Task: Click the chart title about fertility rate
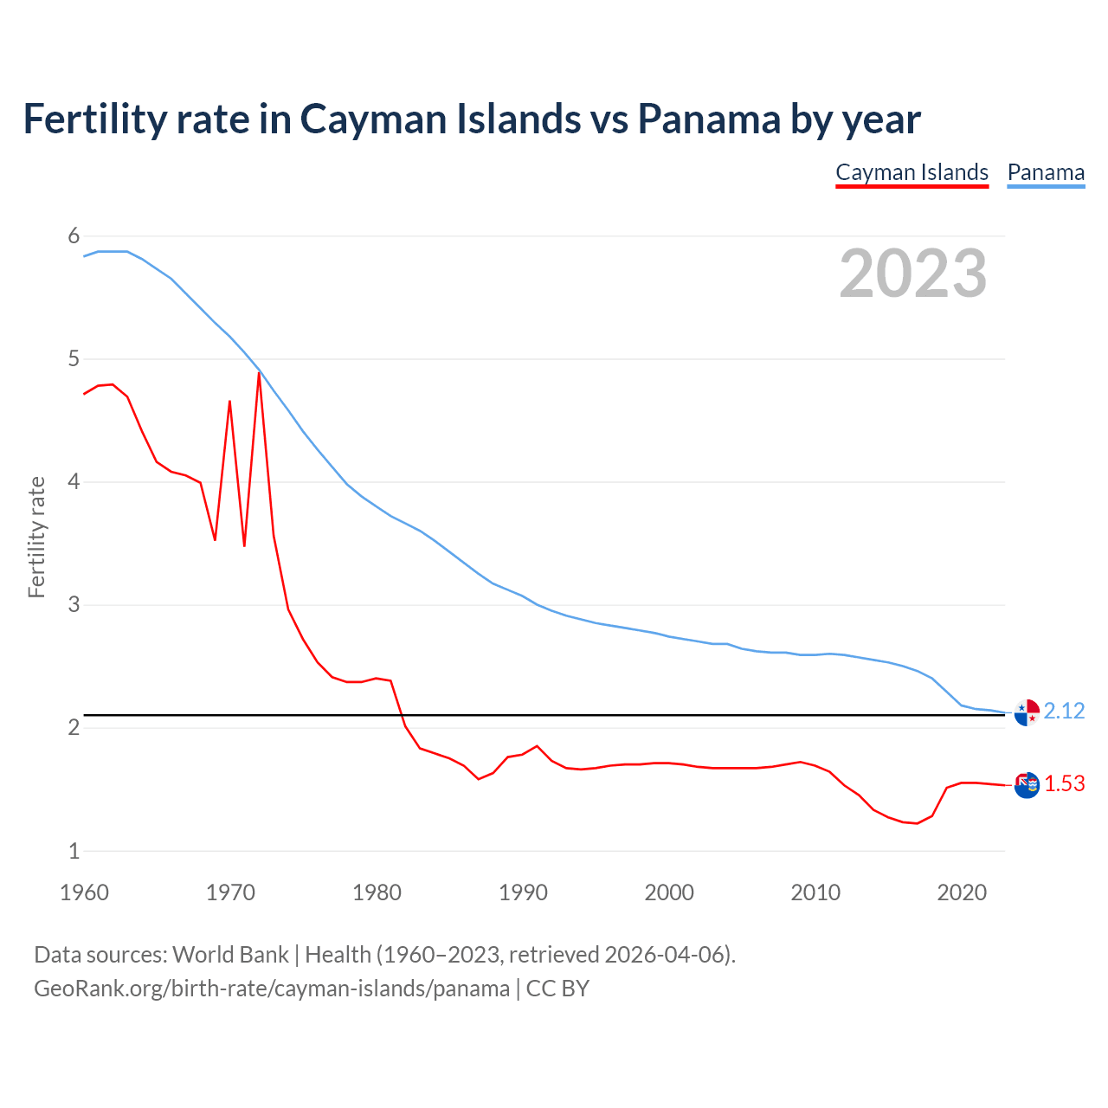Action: click(x=472, y=119)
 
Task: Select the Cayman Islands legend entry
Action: click(x=912, y=172)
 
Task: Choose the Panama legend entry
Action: click(x=1046, y=172)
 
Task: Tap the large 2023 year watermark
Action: click(x=912, y=274)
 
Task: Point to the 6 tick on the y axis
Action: click(x=74, y=236)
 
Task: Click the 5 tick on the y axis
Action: click(x=74, y=359)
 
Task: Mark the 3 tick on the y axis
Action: click(x=74, y=605)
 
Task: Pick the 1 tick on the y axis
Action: click(x=74, y=851)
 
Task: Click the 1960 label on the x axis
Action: click(x=84, y=892)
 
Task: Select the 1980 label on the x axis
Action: click(x=377, y=892)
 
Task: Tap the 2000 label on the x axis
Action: click(x=669, y=892)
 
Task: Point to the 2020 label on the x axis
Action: click(x=962, y=892)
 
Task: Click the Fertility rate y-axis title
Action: click(x=36, y=537)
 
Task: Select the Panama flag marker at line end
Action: click(x=1027, y=712)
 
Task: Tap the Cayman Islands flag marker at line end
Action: click(x=1027, y=784)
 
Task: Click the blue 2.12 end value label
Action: click(x=1064, y=712)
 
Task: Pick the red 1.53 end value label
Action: click(x=1064, y=784)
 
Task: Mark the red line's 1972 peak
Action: click(x=259, y=373)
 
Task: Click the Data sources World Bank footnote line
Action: click(x=384, y=955)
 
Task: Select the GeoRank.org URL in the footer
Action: click(x=272, y=989)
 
